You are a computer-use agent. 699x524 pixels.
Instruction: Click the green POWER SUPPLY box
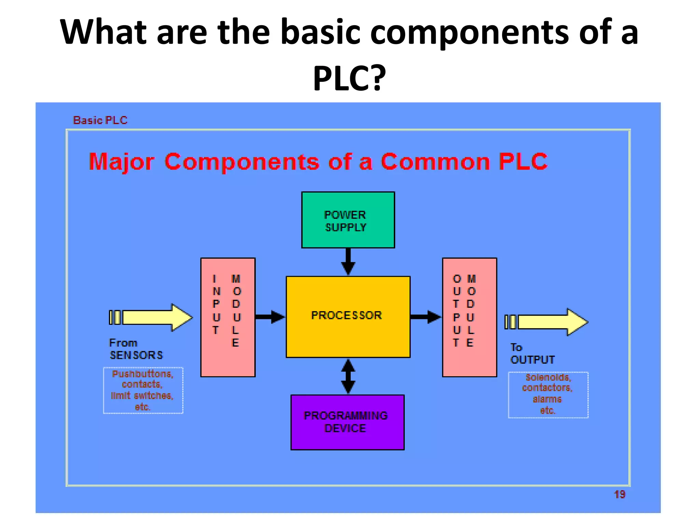(348, 220)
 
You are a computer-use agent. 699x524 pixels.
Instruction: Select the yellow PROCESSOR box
(348, 317)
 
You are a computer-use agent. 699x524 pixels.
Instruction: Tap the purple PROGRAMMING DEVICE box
(347, 422)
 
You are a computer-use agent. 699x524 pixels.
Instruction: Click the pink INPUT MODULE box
(228, 317)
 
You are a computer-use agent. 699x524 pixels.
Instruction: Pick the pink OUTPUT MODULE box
(469, 317)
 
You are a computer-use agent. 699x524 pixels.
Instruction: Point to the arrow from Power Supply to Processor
(348, 261)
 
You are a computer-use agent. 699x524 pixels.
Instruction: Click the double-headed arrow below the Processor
(348, 376)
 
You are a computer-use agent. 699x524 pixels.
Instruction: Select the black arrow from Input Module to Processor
(270, 317)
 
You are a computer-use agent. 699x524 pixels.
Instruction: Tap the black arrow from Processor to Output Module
(425, 317)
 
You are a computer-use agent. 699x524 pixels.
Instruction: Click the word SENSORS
(136, 355)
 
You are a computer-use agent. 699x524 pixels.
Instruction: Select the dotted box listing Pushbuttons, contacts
(143, 390)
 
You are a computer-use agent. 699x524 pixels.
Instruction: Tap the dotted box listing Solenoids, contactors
(548, 395)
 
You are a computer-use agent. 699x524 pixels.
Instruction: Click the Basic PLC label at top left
(100, 120)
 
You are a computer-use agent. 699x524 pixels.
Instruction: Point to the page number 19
(619, 494)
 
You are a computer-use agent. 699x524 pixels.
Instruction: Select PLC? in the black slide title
(349, 78)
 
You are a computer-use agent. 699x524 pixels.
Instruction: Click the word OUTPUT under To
(532, 360)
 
